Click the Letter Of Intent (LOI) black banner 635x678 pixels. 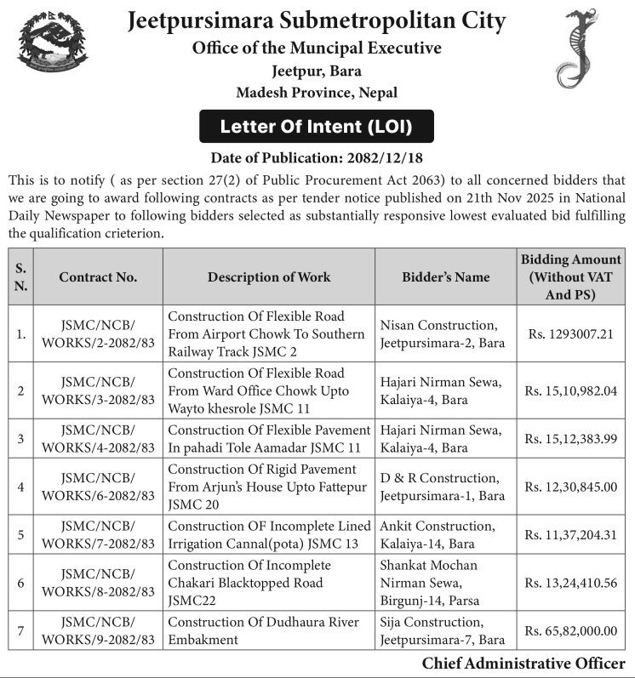point(316,127)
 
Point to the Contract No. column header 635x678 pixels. point(98,276)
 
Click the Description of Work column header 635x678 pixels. point(269,276)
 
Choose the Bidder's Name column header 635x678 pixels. point(445,276)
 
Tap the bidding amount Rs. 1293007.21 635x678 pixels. point(569,333)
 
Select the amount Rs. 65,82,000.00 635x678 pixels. point(570,630)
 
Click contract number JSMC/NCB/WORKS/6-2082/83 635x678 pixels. point(98,487)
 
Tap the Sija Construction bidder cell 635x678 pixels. point(442,630)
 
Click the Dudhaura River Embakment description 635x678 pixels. point(263,630)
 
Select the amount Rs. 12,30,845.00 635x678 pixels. point(570,487)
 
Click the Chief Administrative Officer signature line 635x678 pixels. point(523,664)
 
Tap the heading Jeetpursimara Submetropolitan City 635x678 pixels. point(316,20)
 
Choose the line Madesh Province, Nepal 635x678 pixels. point(317,92)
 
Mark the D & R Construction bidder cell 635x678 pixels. point(442,487)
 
